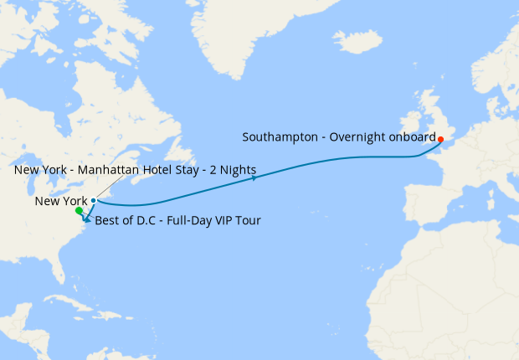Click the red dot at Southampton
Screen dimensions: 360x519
pos(440,139)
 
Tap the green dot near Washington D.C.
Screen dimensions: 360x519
pos(79,211)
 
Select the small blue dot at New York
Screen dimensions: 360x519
pos(93,200)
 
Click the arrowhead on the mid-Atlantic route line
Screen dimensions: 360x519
pos(251,176)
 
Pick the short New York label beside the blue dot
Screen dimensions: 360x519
pos(61,201)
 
